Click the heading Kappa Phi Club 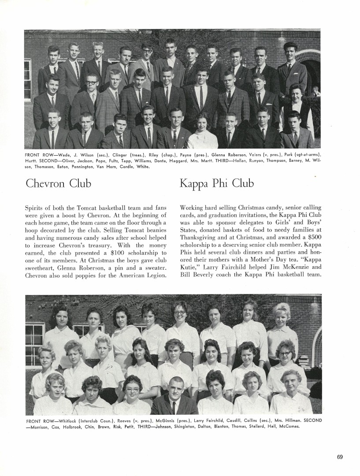216,183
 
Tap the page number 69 340,457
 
